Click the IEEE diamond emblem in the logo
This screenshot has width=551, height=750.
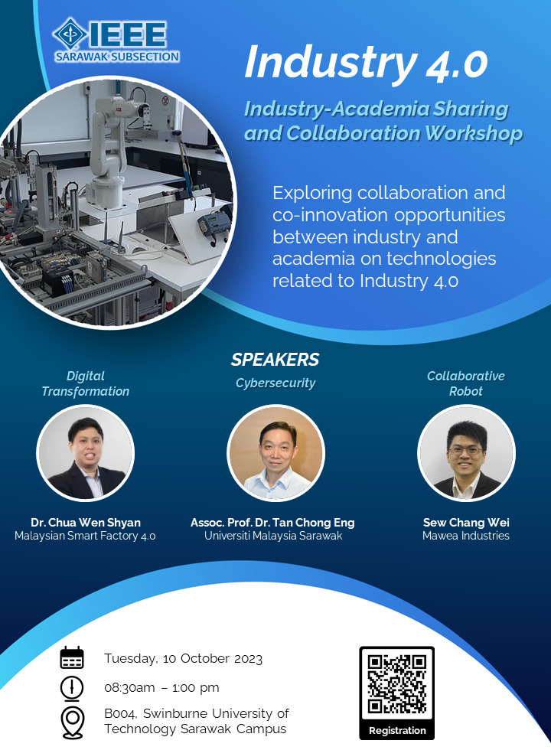pyautogui.click(x=70, y=34)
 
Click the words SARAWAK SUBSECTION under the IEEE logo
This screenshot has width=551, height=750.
pyautogui.click(x=117, y=57)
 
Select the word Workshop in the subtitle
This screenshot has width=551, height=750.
pyautogui.click(x=474, y=133)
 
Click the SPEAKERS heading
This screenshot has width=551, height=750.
pyautogui.click(x=275, y=360)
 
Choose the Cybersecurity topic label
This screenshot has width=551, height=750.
pyautogui.click(x=275, y=383)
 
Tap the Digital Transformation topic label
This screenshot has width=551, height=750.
pyautogui.click(x=86, y=383)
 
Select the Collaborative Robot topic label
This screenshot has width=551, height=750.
pyautogui.click(x=466, y=383)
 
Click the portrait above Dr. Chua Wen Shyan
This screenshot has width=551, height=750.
pyautogui.click(x=86, y=453)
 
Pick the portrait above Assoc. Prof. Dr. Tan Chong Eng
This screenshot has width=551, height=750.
pyautogui.click(x=276, y=453)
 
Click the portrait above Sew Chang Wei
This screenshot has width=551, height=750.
pyautogui.click(x=466, y=453)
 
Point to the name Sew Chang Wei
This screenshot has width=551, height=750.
pyautogui.click(x=466, y=522)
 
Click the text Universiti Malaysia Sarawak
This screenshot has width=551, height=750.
pyautogui.click(x=273, y=536)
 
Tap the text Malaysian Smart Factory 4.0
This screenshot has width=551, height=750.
pyautogui.click(x=85, y=536)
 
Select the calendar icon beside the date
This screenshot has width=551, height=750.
pyautogui.click(x=72, y=657)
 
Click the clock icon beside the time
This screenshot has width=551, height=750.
pyautogui.click(x=72, y=688)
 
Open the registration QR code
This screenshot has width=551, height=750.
pyautogui.click(x=397, y=684)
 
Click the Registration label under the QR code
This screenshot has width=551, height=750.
pyautogui.click(x=397, y=730)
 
